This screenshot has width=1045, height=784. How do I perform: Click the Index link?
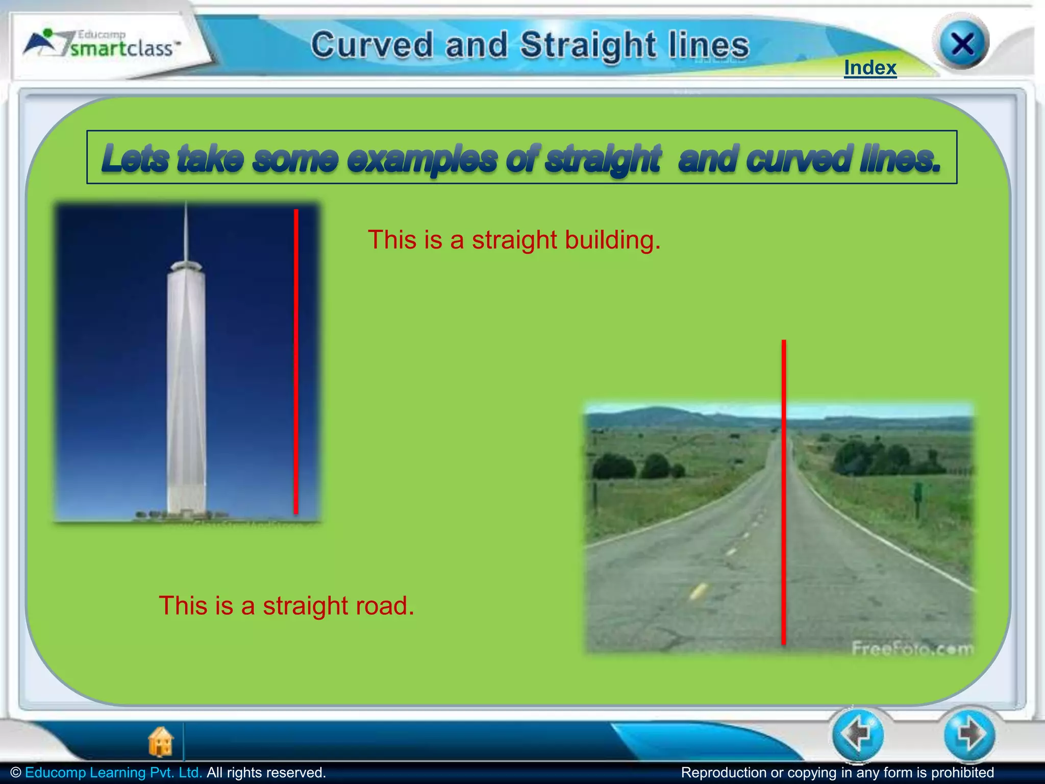[x=870, y=68]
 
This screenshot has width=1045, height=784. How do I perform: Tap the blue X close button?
[x=962, y=44]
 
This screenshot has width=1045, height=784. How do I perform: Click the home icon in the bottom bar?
[x=161, y=741]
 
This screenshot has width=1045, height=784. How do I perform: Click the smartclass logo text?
[x=121, y=48]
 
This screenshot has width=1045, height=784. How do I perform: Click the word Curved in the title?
[x=372, y=45]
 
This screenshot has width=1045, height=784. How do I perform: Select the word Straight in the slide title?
[x=588, y=45]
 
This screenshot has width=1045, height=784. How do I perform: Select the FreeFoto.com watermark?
[x=912, y=649]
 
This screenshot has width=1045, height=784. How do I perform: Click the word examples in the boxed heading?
[x=422, y=159]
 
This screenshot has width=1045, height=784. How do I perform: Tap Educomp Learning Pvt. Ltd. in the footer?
[x=113, y=772]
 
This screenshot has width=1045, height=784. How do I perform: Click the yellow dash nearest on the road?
[x=698, y=591]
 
